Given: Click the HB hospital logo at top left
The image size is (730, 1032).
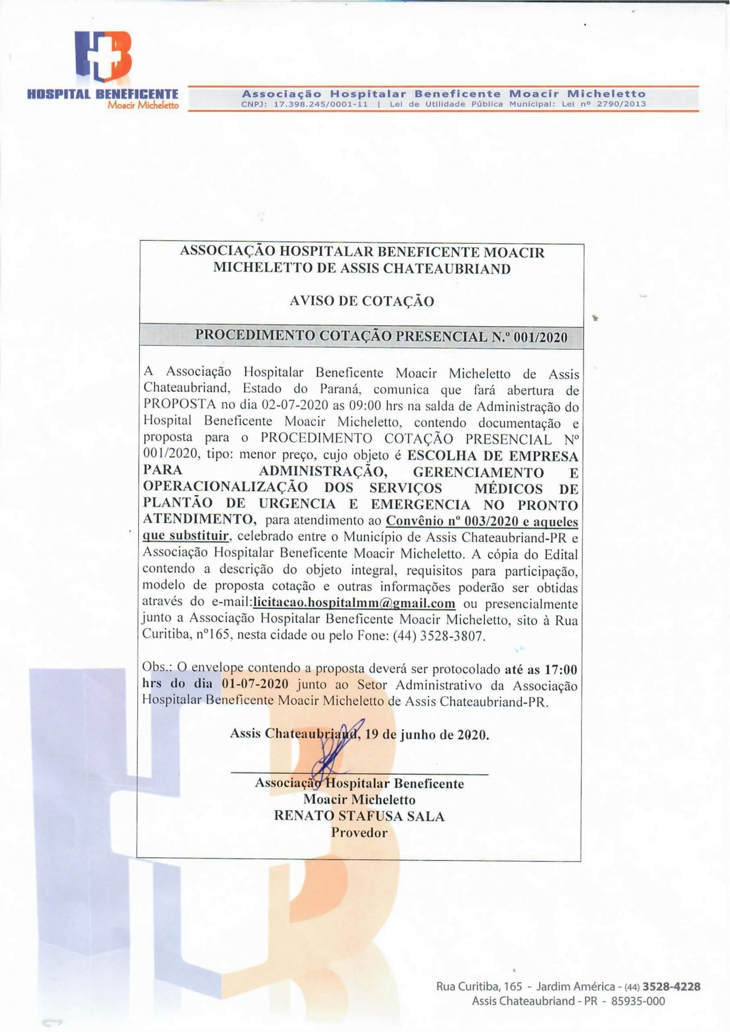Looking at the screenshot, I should pyautogui.click(x=103, y=56).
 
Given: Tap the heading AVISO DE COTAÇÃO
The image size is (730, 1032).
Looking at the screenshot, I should pyautogui.click(x=362, y=301).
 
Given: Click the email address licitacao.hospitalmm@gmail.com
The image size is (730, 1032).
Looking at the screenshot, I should pyautogui.click(x=354, y=603).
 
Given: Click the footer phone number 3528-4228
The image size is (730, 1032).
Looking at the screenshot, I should pyautogui.click(x=672, y=984).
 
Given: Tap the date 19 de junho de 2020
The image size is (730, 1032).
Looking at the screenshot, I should pyautogui.click(x=427, y=735).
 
